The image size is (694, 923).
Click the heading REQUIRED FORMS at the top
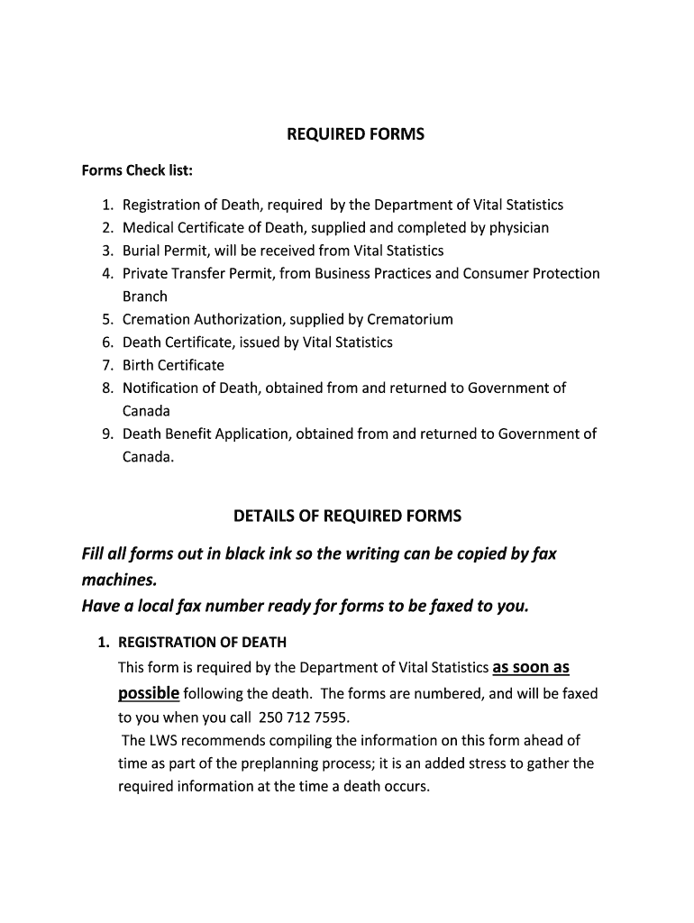(x=354, y=134)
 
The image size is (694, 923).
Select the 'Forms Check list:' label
(x=137, y=170)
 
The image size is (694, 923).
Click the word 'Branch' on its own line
(x=145, y=297)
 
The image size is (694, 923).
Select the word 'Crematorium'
(x=410, y=319)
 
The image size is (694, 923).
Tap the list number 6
(x=106, y=343)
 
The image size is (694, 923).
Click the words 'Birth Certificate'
(x=173, y=365)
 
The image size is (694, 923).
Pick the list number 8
(x=106, y=388)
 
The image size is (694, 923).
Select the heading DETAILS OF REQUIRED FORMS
(x=347, y=516)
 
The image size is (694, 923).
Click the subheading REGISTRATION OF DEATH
(x=202, y=643)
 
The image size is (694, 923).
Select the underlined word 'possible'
(x=149, y=693)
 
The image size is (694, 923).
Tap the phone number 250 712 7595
(x=302, y=718)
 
